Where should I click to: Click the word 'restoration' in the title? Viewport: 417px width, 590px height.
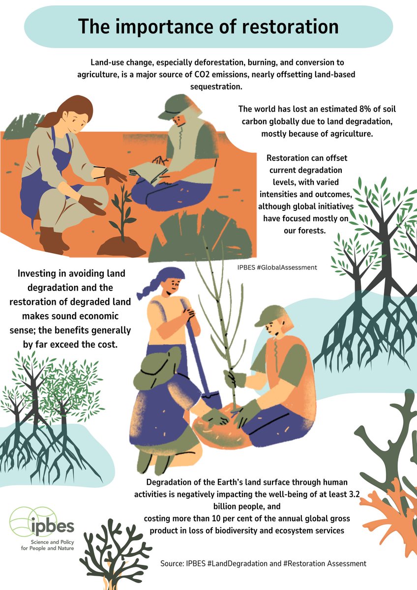290,27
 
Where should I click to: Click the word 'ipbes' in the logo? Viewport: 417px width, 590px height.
53,526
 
